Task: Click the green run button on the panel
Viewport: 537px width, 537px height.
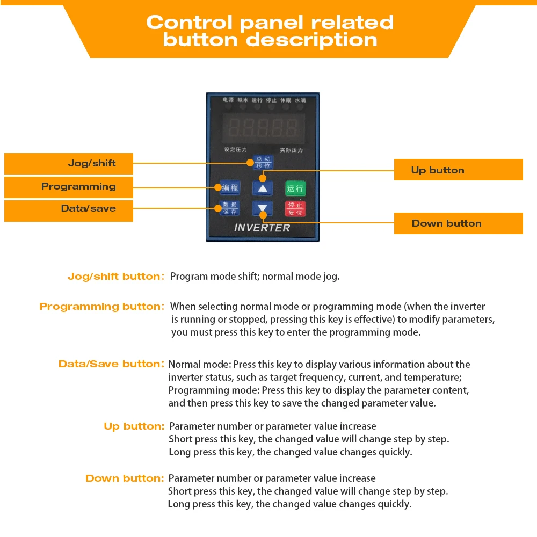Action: pos(295,188)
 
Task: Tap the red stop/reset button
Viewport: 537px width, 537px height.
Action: pos(295,208)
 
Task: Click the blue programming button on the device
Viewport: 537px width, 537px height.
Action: pos(230,187)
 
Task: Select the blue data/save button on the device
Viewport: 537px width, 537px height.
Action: pos(230,208)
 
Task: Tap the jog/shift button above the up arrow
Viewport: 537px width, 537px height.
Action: pos(263,162)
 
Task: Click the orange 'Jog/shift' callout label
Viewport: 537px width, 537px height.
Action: pos(69,163)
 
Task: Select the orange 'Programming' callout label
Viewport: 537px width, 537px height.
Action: pos(69,187)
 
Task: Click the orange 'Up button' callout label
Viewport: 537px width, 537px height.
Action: pos(459,170)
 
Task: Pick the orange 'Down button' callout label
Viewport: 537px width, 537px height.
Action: pos(459,223)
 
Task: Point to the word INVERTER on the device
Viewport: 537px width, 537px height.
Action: pos(262,228)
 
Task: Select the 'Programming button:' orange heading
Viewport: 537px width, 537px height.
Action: pos(102,307)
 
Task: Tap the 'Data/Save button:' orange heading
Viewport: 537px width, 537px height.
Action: pos(111,364)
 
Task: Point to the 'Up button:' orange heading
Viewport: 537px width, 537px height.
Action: pos(134,426)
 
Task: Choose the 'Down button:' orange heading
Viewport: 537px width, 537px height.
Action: pos(125,478)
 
